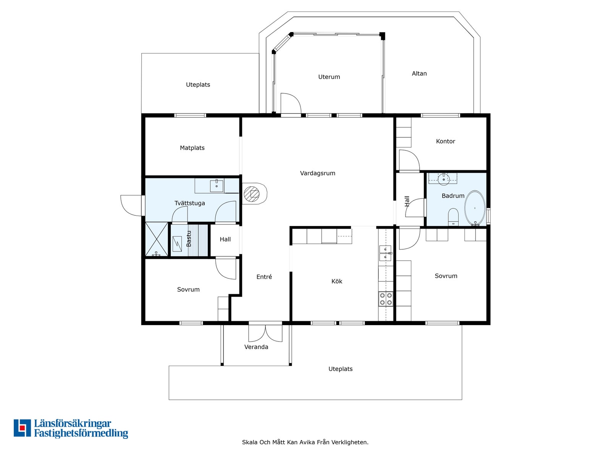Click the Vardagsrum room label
(x=317, y=173)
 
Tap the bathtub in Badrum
(x=475, y=208)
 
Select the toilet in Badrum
(x=453, y=217)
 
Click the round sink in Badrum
(x=443, y=179)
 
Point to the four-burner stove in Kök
(x=386, y=299)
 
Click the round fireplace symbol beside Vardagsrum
(x=252, y=194)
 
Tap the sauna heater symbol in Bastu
(x=177, y=244)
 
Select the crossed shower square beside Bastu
(x=157, y=239)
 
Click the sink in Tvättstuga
(x=217, y=185)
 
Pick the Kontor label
(x=445, y=141)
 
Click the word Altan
(x=419, y=73)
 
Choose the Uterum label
(x=329, y=77)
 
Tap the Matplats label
(x=192, y=148)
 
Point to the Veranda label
(x=256, y=347)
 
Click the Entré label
(x=264, y=277)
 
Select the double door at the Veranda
(x=265, y=333)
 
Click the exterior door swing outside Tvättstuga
(x=131, y=205)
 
